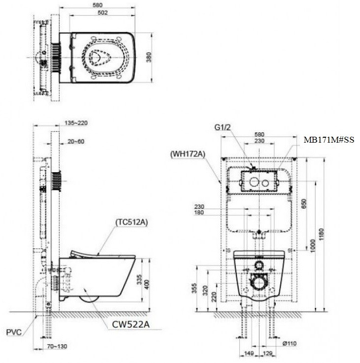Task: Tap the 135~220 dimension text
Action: (76, 123)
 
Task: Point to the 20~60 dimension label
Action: (76, 141)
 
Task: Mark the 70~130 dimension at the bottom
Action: (58, 346)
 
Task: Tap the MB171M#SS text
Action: (328, 140)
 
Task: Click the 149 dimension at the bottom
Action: (250, 353)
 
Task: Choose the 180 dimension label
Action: (199, 213)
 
